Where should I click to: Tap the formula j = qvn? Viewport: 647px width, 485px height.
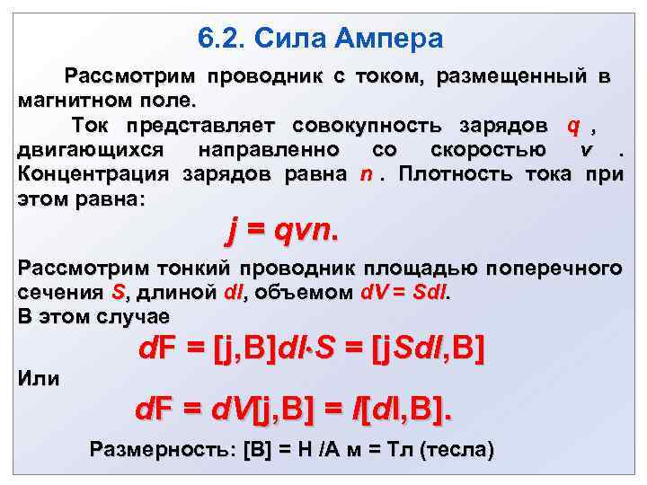[x=282, y=232]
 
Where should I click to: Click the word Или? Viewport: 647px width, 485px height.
[x=40, y=378]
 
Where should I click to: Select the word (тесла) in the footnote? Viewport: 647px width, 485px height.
[x=456, y=450]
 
